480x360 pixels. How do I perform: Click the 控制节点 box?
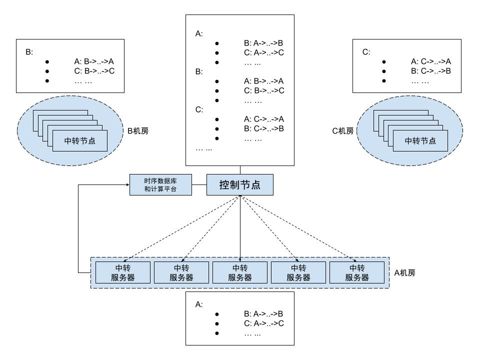pos(240,185)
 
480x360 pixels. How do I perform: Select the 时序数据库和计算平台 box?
pos(160,185)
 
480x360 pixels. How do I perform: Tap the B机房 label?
pos(138,131)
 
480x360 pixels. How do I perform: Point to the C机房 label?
pos(343,131)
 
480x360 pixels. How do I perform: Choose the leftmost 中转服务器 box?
pos(123,272)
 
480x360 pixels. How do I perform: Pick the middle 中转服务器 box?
pos(240,272)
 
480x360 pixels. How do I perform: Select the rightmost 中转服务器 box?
pos(357,272)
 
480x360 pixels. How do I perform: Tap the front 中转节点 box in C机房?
pos(420,140)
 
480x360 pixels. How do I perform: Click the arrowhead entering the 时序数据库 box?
pos(126,185)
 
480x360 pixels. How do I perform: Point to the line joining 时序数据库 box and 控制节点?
pos(199,185)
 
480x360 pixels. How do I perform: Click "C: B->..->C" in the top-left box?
pos(94,71)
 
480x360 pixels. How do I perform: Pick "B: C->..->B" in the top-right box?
pos(431,71)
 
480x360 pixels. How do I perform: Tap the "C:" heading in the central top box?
pos(199,110)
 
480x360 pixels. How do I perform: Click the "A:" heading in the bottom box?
pos(199,304)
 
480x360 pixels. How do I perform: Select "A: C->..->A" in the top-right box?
pos(431,61)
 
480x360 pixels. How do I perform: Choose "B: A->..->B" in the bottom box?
pos(264,314)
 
